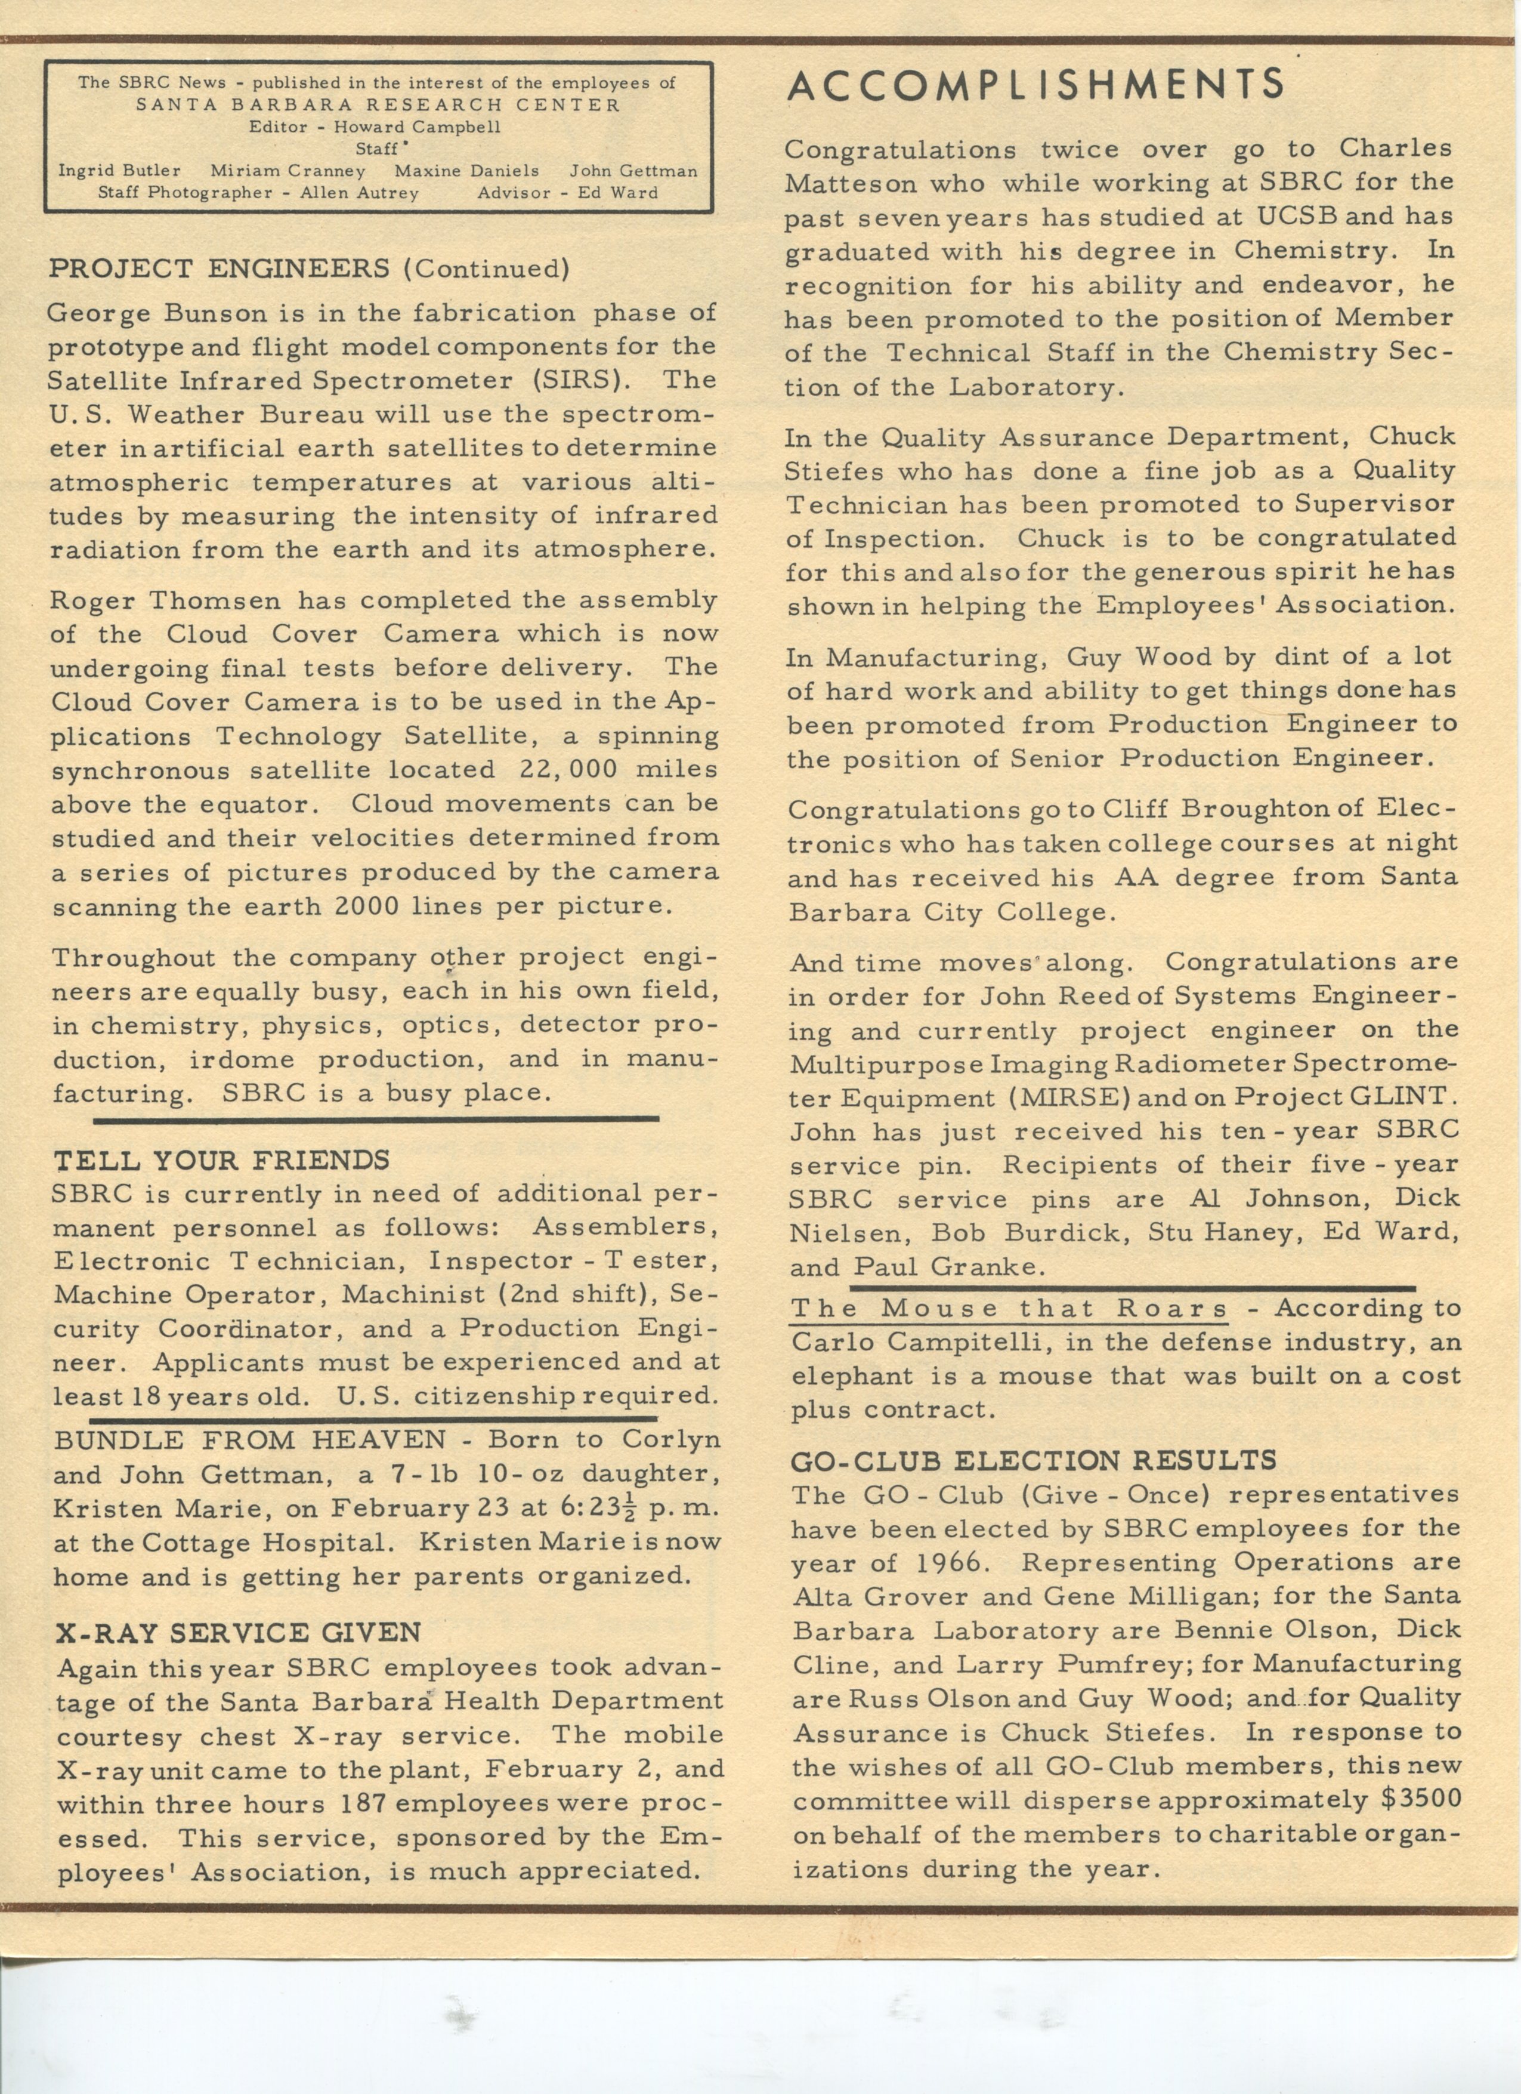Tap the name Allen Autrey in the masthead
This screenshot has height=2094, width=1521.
point(359,193)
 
